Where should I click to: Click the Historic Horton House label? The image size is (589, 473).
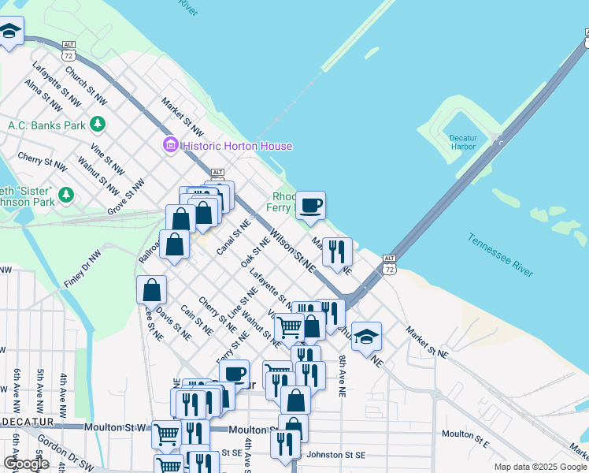[237, 146]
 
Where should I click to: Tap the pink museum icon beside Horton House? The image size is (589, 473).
[170, 146]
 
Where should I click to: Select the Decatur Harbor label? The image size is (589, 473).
[463, 142]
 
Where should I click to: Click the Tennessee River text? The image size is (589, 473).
[501, 254]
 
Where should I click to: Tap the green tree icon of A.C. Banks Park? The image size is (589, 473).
[98, 124]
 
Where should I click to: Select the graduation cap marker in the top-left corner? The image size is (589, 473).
[9, 32]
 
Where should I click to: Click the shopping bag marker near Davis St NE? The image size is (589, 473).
[151, 290]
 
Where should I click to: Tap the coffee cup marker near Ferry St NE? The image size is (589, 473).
[235, 374]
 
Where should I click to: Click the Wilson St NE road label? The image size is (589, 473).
[293, 251]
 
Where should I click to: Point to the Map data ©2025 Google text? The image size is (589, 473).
[539, 467]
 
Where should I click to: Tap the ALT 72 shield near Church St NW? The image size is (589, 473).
[69, 50]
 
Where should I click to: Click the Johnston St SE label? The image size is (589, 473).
[335, 454]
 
